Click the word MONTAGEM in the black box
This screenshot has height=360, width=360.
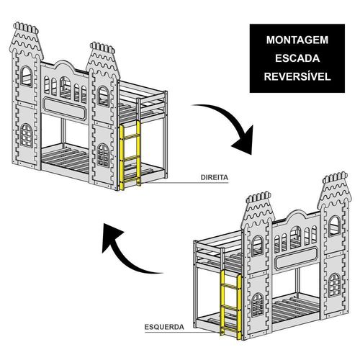click(297, 40)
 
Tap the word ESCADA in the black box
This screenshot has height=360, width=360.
click(297, 58)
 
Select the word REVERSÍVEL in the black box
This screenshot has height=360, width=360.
click(297, 76)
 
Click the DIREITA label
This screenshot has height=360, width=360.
click(215, 178)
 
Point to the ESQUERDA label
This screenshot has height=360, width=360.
click(164, 327)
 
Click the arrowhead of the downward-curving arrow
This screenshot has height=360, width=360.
click(243, 142)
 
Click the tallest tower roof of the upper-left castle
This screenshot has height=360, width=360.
click(26, 41)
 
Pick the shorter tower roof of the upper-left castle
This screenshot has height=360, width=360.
click(103, 60)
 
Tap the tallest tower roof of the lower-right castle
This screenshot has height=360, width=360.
click(335, 191)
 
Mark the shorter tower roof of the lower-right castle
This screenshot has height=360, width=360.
click(258, 210)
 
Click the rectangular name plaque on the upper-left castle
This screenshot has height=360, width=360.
click(64, 109)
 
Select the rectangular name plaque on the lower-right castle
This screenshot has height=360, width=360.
click(297, 258)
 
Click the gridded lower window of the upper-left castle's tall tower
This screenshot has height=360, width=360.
click(26, 135)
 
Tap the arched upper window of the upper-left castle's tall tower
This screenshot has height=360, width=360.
click(26, 76)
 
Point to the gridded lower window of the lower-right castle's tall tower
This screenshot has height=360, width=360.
click(335, 285)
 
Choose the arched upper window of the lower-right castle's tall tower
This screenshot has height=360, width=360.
click(335, 226)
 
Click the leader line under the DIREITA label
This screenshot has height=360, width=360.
click(184, 183)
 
